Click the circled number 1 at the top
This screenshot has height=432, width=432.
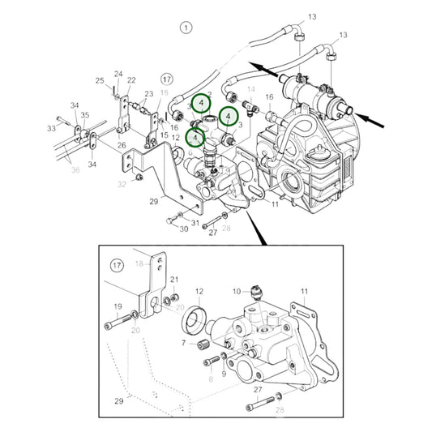(x=186, y=28)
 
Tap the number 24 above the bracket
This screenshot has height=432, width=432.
(x=118, y=75)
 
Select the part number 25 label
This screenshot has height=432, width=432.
(x=100, y=80)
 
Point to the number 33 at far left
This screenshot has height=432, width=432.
(x=51, y=127)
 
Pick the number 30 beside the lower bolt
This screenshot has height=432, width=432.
(x=183, y=229)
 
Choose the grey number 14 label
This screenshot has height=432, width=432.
(x=250, y=89)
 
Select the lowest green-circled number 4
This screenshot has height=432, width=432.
(x=195, y=138)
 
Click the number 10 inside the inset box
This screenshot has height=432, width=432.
(x=237, y=290)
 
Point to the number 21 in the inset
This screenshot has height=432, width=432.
(x=173, y=280)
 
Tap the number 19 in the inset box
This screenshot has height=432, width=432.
(x=118, y=306)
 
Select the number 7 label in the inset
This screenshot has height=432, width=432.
(x=184, y=343)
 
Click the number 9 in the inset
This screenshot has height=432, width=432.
(x=224, y=362)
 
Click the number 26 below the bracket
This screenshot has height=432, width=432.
(x=121, y=147)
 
